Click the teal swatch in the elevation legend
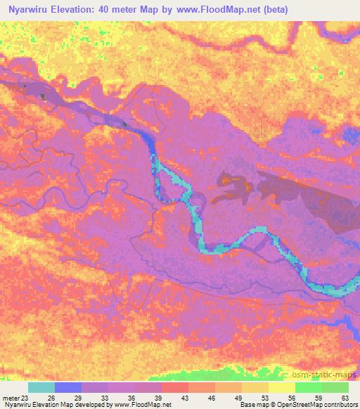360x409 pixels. pos(41,387)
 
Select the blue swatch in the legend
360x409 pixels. pos(68,387)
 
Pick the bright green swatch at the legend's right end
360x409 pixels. pos(335,387)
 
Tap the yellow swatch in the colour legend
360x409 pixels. pos(281,387)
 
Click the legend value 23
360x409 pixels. pos(25,398)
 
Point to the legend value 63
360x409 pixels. pos(344,398)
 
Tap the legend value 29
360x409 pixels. pos(79,398)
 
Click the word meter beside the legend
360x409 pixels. pos(10,398)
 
